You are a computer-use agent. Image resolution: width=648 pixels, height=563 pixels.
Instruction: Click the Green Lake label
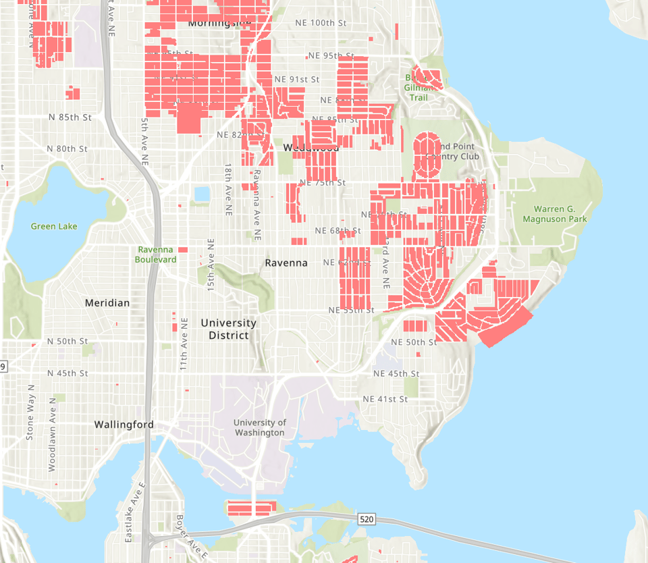[x=54, y=226]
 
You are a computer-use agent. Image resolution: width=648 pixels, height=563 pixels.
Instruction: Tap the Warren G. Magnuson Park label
[x=556, y=214]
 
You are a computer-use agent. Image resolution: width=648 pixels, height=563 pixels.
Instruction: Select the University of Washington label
[x=260, y=427]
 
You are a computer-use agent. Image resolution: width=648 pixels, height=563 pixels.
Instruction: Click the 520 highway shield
[x=365, y=518]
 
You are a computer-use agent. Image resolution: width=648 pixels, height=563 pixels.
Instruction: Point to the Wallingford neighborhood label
[x=124, y=425]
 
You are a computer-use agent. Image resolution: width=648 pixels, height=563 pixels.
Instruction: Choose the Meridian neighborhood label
[x=107, y=303]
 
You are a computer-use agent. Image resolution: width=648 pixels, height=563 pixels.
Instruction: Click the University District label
[x=229, y=329]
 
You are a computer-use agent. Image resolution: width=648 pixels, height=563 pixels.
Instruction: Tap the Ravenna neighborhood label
[x=286, y=263]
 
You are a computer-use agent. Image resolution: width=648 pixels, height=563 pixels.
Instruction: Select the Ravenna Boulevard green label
[x=155, y=254]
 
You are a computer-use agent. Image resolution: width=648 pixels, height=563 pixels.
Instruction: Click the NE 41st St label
[x=385, y=399]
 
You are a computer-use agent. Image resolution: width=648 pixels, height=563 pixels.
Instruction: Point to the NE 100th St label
[x=321, y=23]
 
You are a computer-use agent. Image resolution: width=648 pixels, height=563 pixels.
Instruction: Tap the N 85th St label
[x=70, y=117]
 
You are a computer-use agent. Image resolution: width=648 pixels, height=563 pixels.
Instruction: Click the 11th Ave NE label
[x=183, y=344]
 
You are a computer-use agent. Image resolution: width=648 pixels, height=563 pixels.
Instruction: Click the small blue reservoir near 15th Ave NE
[x=201, y=194]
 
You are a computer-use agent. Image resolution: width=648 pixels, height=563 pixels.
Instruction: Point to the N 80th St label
[x=67, y=149]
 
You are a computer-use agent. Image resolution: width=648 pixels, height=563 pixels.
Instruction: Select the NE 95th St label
[x=327, y=55]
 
